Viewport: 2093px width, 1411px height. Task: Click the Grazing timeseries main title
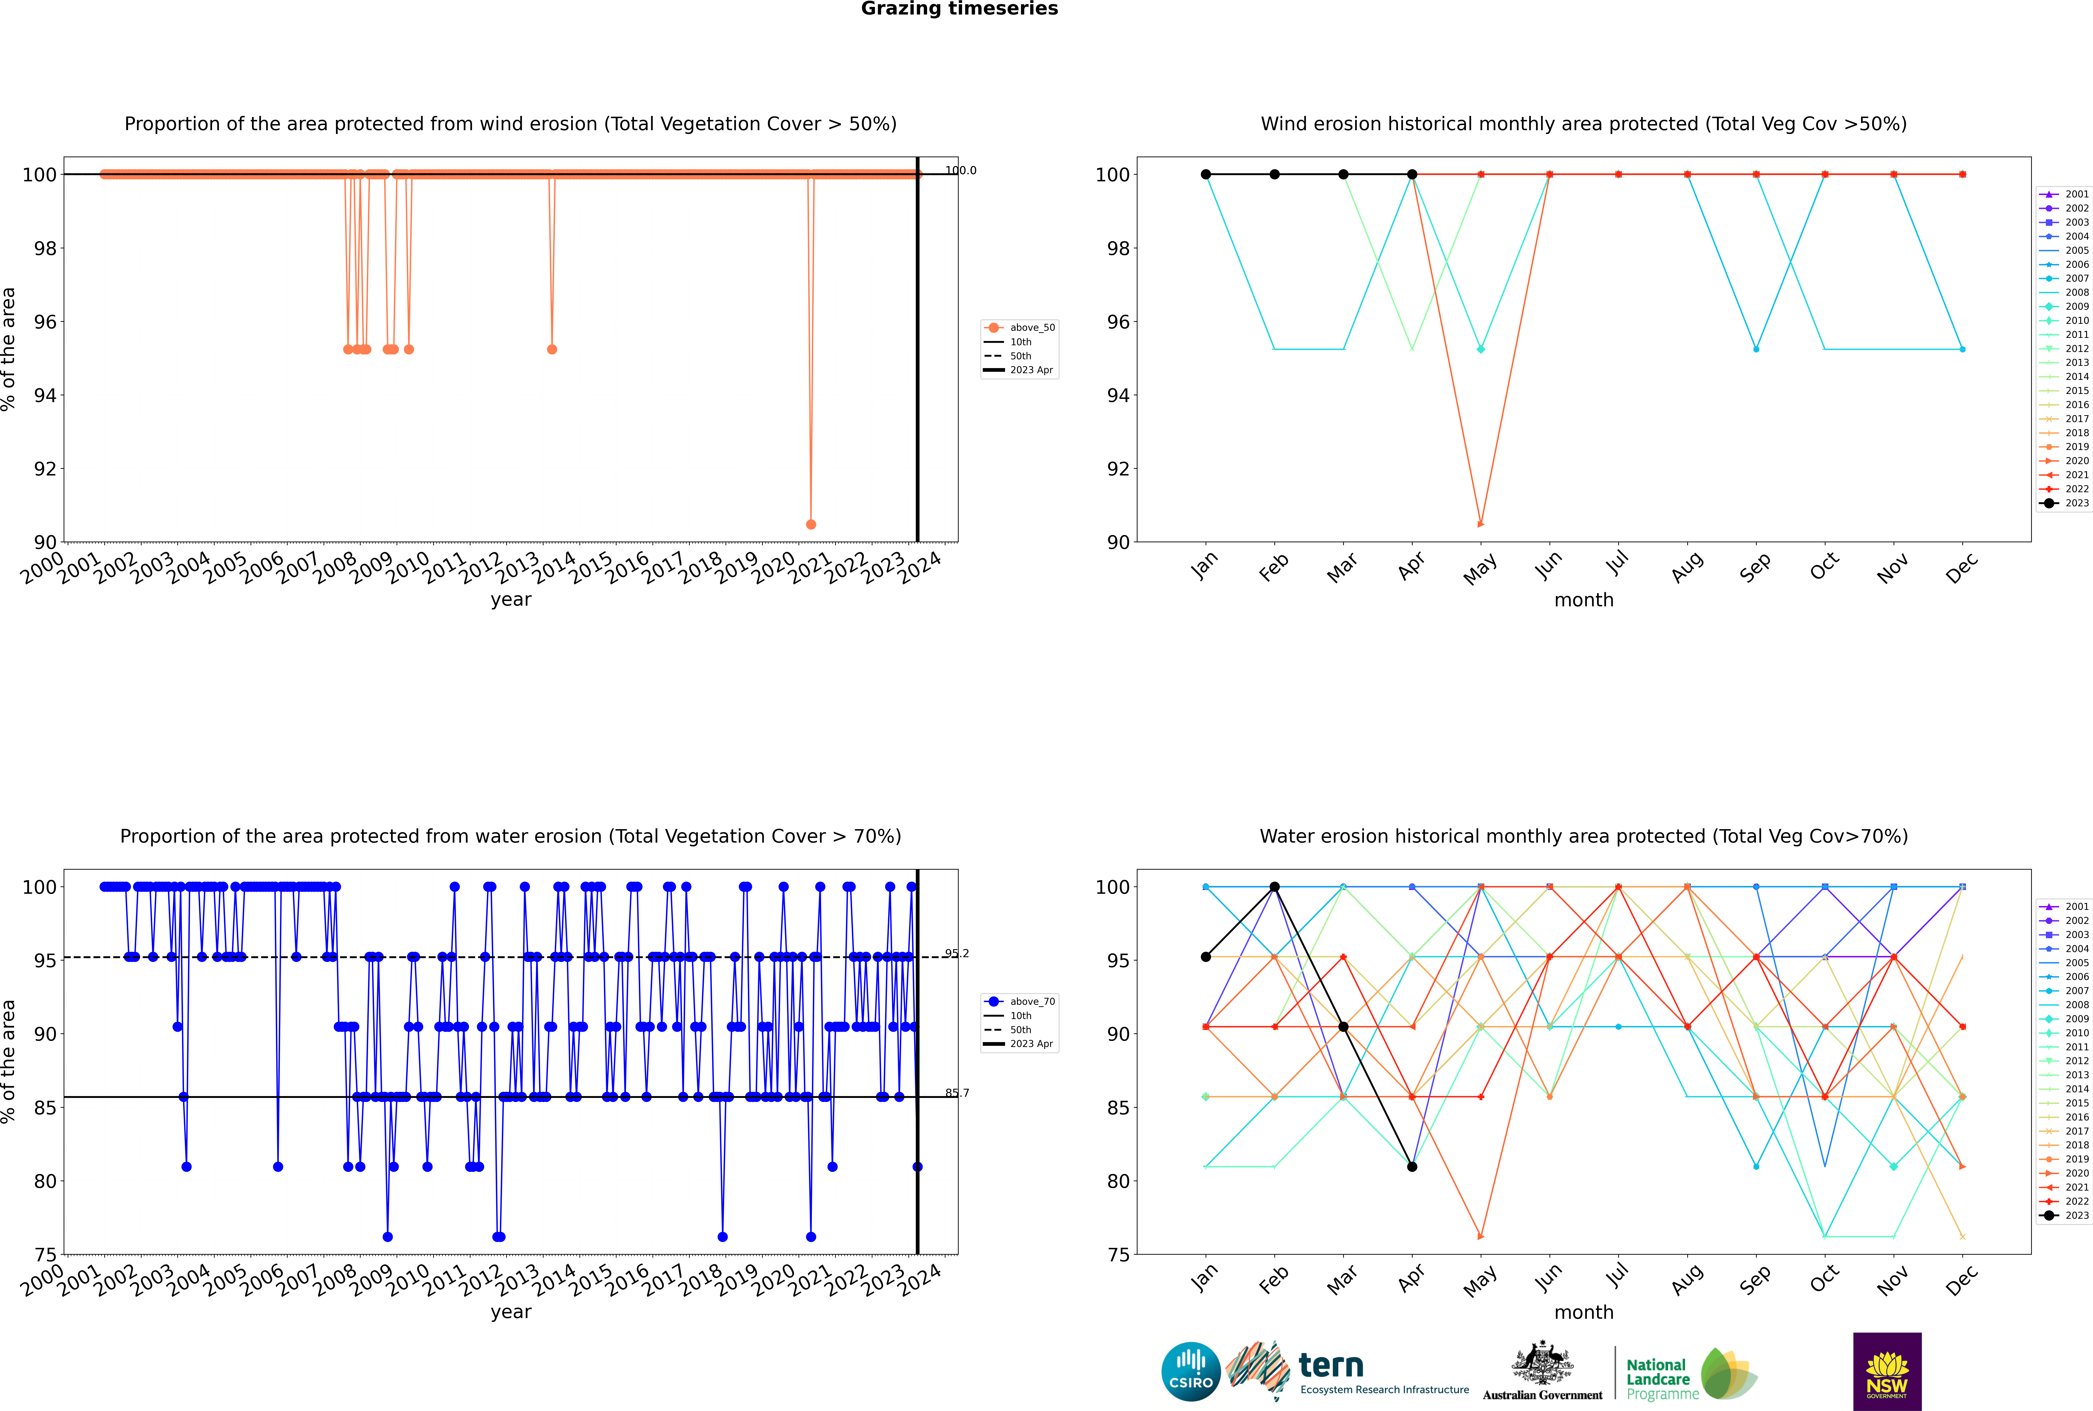(x=959, y=9)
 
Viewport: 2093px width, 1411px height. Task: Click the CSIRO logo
(x=1190, y=1371)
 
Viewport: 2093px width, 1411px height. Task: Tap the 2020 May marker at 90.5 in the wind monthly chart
(x=1480, y=524)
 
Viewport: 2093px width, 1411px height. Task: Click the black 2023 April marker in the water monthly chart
(x=1412, y=1166)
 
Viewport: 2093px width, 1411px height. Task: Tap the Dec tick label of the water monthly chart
(x=1962, y=1280)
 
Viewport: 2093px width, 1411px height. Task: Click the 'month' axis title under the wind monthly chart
(x=1584, y=600)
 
